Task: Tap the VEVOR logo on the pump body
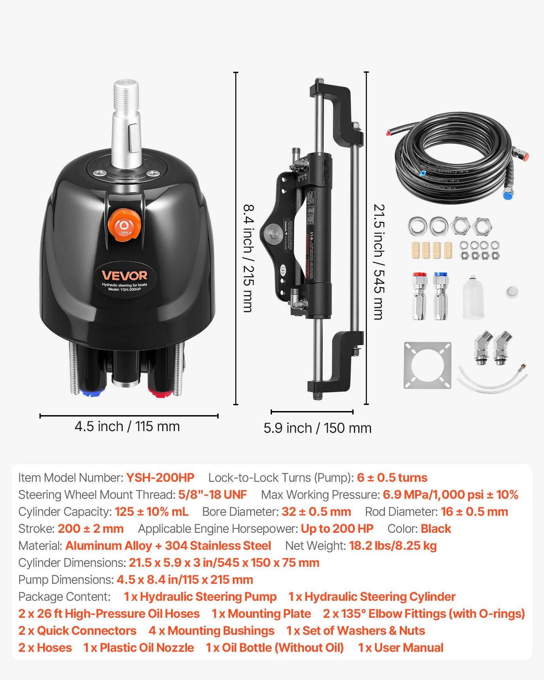tap(124, 275)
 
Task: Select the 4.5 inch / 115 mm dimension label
tap(127, 426)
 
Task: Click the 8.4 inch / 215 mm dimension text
tap(249, 258)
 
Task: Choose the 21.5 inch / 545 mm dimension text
tap(379, 262)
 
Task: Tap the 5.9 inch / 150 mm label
tap(318, 428)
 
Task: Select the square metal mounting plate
tap(427, 365)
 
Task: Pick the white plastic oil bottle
tap(473, 297)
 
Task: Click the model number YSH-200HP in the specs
tap(160, 478)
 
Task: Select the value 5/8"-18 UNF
tap(213, 495)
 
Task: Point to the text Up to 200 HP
tap(337, 529)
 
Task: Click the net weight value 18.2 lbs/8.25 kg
tap(393, 546)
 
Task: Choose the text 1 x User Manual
tap(401, 648)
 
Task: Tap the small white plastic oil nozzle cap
tap(511, 292)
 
